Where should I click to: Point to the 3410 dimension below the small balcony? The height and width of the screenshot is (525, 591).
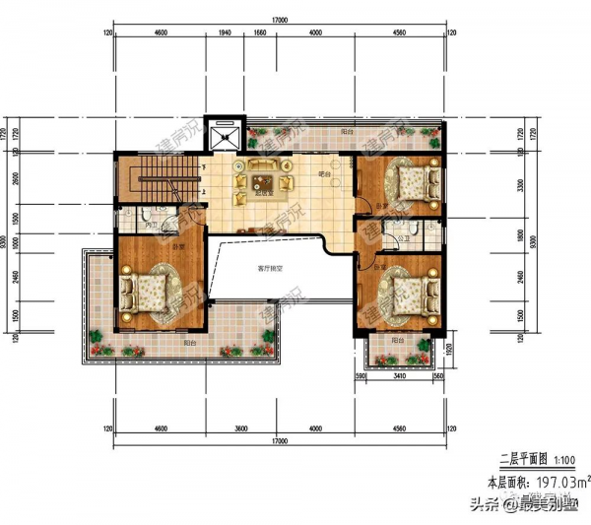point(397,375)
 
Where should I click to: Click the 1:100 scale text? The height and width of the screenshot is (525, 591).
point(566,461)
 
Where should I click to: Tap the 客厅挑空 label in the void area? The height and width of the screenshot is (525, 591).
point(273,267)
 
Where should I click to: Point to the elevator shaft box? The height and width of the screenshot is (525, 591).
point(227,129)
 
